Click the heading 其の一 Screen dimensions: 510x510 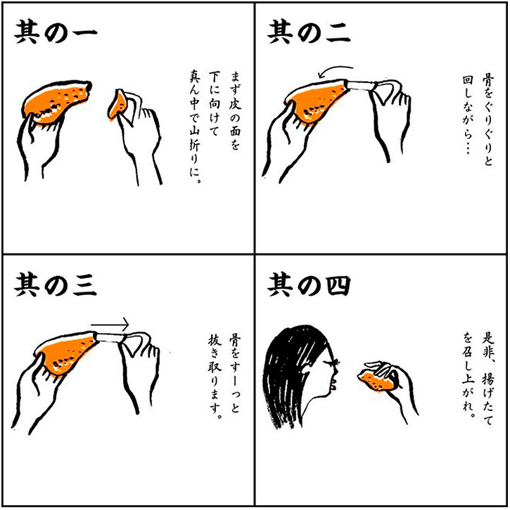point(56,32)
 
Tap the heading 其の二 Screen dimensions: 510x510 point(309,32)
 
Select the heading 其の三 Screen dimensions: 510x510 point(56,285)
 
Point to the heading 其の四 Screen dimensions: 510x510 point(309,285)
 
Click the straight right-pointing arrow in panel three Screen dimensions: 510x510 point(110,325)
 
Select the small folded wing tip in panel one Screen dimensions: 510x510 point(118,105)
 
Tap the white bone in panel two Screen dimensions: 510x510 point(361,85)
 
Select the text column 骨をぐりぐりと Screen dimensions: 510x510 point(488,120)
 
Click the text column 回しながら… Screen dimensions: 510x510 point(468,115)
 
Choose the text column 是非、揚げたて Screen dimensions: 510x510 point(487,378)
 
